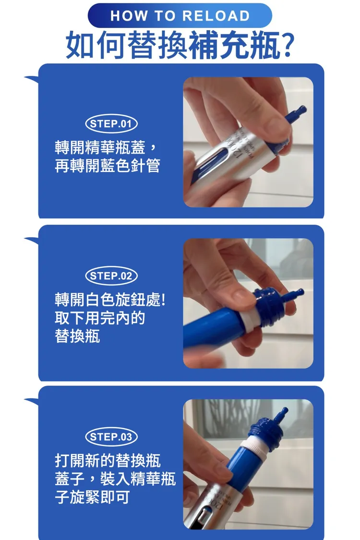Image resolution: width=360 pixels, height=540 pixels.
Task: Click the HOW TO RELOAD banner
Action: click(180, 15)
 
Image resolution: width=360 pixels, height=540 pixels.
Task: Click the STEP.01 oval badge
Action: click(111, 124)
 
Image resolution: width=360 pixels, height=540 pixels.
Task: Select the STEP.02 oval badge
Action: click(111, 276)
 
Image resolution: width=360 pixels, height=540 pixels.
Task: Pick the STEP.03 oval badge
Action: click(111, 437)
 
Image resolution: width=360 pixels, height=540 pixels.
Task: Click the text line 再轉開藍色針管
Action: click(108, 166)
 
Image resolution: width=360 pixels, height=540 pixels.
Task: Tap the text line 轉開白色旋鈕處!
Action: click(110, 300)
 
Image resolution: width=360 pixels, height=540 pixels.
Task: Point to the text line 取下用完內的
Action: click(100, 318)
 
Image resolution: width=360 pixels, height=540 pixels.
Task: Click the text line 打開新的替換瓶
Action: click(108, 460)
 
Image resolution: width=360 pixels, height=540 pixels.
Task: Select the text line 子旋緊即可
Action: click(92, 497)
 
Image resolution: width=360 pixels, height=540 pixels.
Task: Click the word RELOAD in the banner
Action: click(216, 16)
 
